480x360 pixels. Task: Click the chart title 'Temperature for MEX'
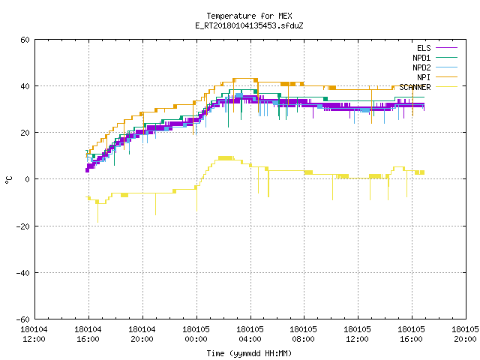click(249, 16)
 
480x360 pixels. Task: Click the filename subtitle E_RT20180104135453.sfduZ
click(249, 25)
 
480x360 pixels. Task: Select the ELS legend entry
click(424, 48)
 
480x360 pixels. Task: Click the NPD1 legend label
click(421, 58)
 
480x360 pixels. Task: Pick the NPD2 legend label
click(421, 67)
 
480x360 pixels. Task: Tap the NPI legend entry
click(424, 77)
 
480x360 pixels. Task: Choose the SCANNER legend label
click(415, 87)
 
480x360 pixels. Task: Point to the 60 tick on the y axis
click(25, 40)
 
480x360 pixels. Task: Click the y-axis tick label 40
click(25, 86)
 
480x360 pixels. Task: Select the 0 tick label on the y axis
click(28, 179)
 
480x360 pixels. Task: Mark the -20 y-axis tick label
click(23, 226)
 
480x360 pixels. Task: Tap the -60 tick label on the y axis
click(23, 319)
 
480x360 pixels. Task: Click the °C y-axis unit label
click(9, 180)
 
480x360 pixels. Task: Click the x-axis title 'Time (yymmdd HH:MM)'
click(249, 353)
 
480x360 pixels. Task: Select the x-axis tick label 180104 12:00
click(34, 334)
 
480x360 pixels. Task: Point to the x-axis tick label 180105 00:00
click(196, 334)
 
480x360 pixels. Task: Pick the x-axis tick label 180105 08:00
click(303, 334)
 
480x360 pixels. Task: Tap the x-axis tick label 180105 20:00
click(465, 334)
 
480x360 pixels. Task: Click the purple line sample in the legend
click(447, 48)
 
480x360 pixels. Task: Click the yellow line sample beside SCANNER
click(447, 87)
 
